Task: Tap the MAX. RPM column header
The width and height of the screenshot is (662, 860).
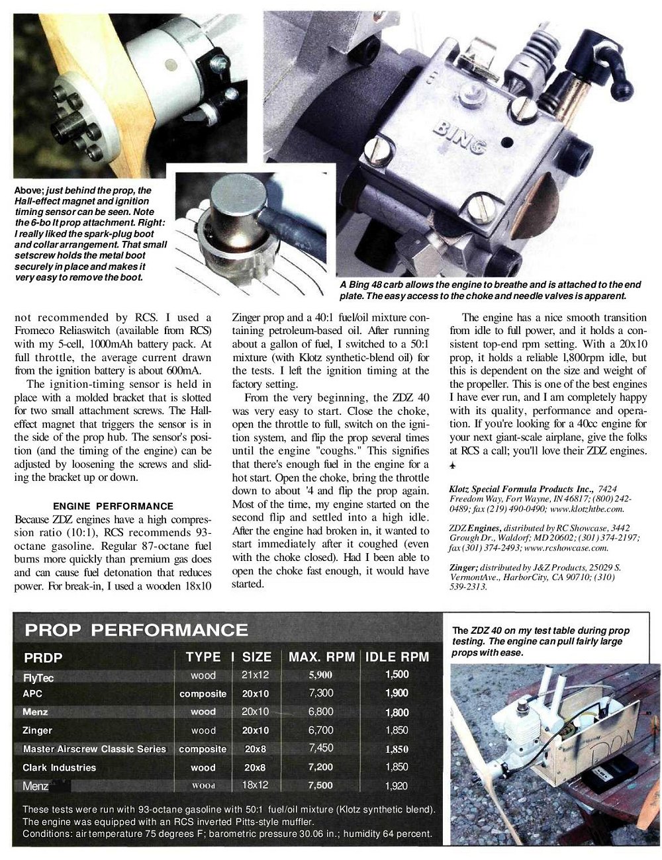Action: point(322,657)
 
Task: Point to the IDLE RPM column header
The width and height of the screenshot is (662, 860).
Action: point(397,657)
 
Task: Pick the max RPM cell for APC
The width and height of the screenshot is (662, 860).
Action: point(320,693)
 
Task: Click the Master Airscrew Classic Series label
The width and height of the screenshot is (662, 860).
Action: point(94,749)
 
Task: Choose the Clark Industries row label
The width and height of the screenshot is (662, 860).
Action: point(59,767)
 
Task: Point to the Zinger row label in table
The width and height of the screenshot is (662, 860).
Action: point(37,730)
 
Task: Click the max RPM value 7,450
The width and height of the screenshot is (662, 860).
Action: point(320,748)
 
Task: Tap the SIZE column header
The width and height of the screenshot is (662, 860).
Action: point(257,657)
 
